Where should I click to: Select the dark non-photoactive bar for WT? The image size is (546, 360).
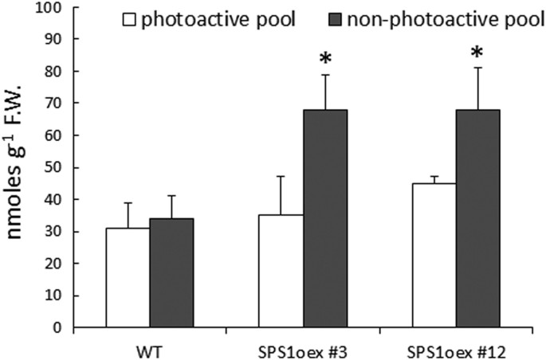coord(171,272)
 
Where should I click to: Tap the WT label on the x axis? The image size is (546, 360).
coord(149,348)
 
